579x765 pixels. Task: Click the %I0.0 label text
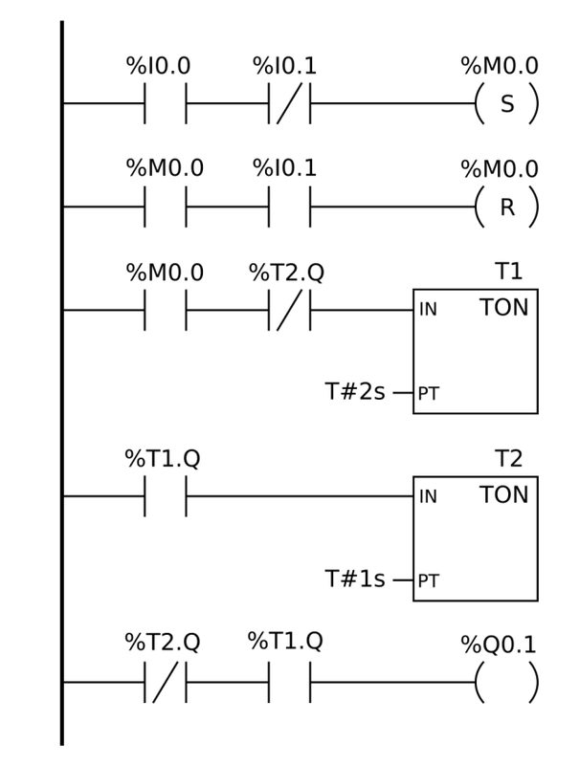[x=158, y=66]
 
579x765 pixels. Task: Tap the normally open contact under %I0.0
[x=165, y=103]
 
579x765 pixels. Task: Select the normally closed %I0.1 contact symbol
[x=289, y=103]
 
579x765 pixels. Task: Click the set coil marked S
[x=507, y=104]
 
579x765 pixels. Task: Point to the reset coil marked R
[x=507, y=208]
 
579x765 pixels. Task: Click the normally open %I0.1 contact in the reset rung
[x=289, y=207]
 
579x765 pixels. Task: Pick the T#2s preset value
[x=355, y=391]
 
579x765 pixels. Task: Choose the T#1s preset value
[x=355, y=579]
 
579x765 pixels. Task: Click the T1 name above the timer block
[x=508, y=272]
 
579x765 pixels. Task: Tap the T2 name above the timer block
[x=508, y=459]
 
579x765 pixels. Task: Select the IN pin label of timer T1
[x=428, y=309]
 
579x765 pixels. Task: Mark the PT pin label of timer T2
[x=429, y=581]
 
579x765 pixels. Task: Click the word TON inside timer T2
[x=503, y=494]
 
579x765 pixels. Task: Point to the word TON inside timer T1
[x=503, y=307]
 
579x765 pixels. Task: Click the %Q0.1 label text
[x=499, y=645]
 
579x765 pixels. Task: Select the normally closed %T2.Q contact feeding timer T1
[x=289, y=310]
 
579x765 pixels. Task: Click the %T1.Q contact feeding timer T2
[x=165, y=496]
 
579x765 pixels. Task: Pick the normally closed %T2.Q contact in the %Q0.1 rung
[x=165, y=682]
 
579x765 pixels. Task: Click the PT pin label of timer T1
[x=429, y=393]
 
